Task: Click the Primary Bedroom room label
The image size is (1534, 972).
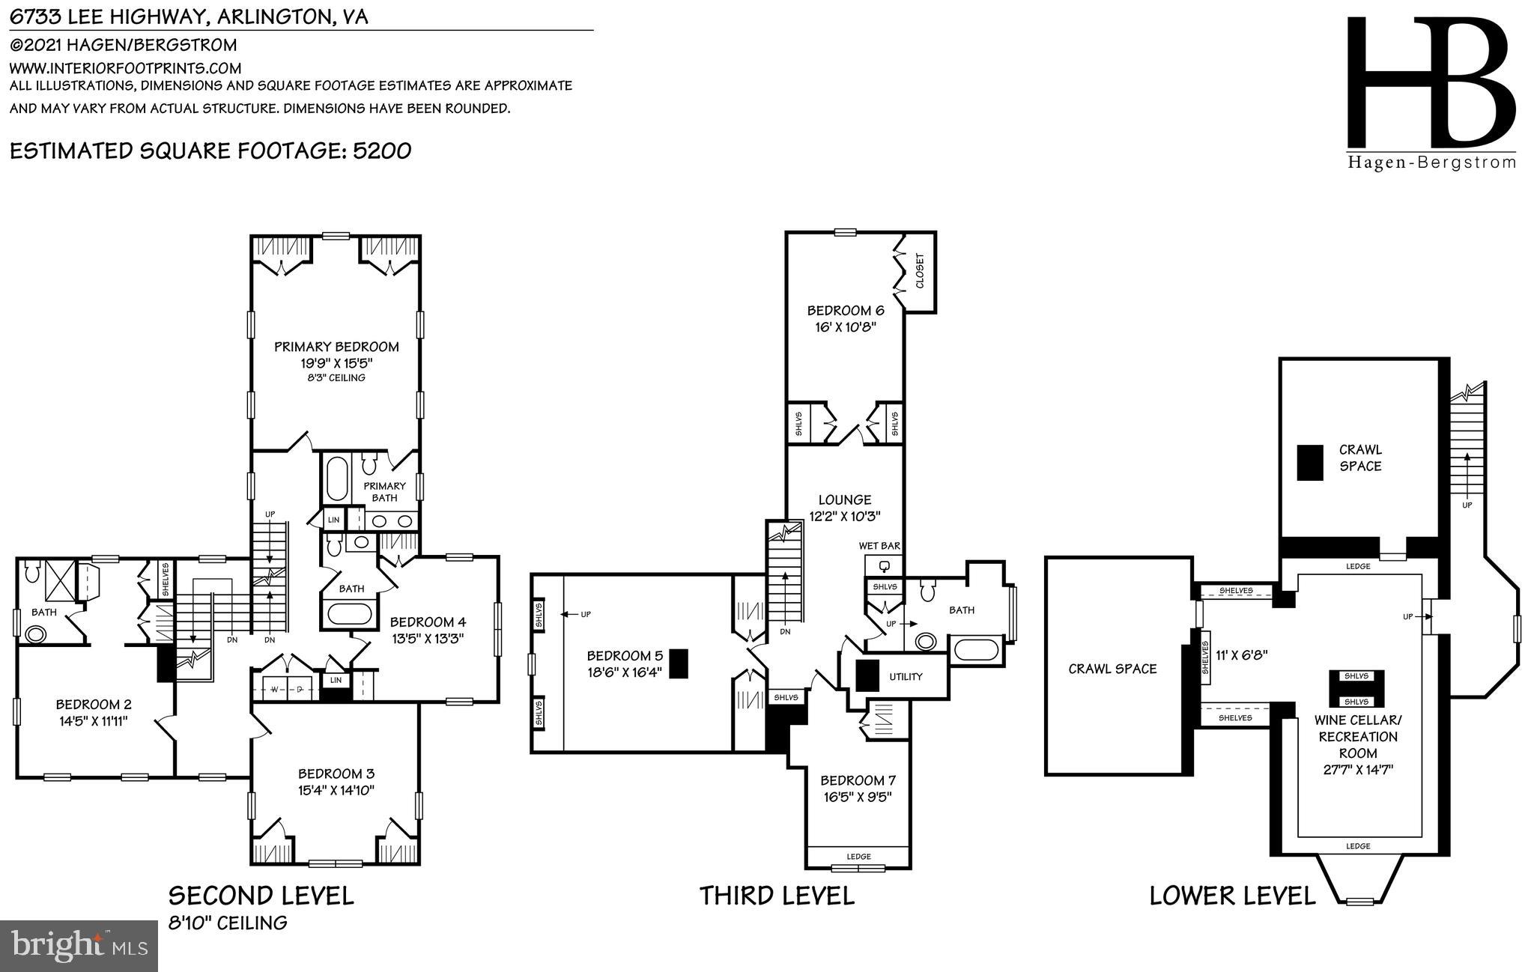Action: pos(336,347)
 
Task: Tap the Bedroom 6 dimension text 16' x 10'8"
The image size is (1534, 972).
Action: pos(845,327)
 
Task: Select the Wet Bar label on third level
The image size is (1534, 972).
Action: pos(879,547)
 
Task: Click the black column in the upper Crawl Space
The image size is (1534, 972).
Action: pos(1310,462)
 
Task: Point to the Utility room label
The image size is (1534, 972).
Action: pos(906,677)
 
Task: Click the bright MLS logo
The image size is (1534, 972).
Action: pos(78,947)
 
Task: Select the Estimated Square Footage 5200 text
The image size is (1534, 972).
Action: pos(210,151)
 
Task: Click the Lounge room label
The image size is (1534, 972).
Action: pos(844,499)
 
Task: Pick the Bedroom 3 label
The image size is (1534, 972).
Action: pos(336,774)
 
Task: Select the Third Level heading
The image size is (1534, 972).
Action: pos(777,896)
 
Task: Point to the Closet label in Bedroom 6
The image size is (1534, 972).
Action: pos(920,271)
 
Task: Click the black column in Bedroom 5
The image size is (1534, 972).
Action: pos(678,663)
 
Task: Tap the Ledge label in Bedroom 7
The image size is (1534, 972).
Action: pos(858,857)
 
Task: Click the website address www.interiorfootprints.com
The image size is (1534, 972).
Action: pos(125,68)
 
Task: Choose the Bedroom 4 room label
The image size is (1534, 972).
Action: pos(428,622)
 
